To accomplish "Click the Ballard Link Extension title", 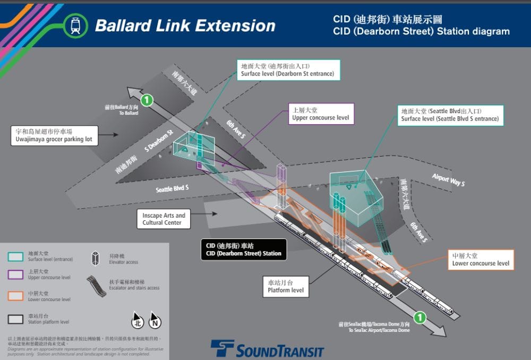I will click(x=185, y=25).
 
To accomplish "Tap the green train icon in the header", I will click(x=75, y=25).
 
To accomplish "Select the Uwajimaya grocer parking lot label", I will click(x=54, y=135).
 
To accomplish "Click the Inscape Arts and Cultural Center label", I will click(x=164, y=219).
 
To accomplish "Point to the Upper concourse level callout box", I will click(x=321, y=114).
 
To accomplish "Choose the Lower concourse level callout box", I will click(x=481, y=260).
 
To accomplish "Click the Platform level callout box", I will click(x=286, y=286).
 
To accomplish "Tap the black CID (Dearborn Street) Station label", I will click(x=244, y=250).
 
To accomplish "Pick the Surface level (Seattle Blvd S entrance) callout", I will click(x=450, y=115).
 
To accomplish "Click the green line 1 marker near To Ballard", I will click(x=147, y=99).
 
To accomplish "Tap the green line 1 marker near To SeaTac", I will click(x=419, y=318).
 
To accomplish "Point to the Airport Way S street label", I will click(x=448, y=180).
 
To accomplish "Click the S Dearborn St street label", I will click(x=159, y=140).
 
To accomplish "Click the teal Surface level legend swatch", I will click(x=15, y=256).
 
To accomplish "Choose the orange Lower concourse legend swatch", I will click(x=15, y=296).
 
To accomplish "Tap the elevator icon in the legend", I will click(x=96, y=258).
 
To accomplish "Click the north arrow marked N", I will click(x=155, y=320).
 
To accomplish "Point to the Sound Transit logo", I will click(x=267, y=349).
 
